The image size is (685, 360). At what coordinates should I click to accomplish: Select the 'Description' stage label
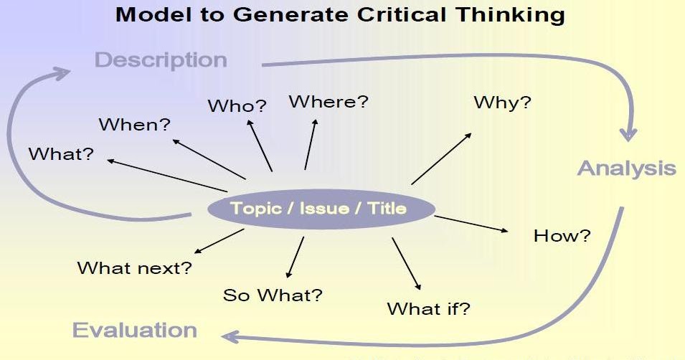coord(161,60)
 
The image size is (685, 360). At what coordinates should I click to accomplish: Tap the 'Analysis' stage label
coord(626,169)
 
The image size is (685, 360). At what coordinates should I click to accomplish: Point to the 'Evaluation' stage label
coord(135,330)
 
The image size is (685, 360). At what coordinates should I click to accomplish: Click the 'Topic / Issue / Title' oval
coord(321,209)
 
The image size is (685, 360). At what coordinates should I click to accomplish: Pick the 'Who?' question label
coord(237,106)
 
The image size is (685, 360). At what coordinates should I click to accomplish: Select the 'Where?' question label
coord(328,102)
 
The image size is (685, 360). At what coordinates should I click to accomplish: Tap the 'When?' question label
coord(135,125)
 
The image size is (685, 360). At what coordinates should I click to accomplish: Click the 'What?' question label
coord(61,154)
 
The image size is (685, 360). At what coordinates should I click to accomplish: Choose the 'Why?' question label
coord(502,103)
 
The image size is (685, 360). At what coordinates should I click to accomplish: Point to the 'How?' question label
coord(562,235)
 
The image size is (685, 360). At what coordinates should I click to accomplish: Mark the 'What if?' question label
coord(428,309)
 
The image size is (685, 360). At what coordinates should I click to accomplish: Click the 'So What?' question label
coord(273,295)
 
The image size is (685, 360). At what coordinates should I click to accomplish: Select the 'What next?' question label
coord(135,268)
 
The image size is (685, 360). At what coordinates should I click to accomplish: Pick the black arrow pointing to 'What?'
coord(176,169)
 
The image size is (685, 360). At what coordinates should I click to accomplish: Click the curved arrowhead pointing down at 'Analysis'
coord(629,133)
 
